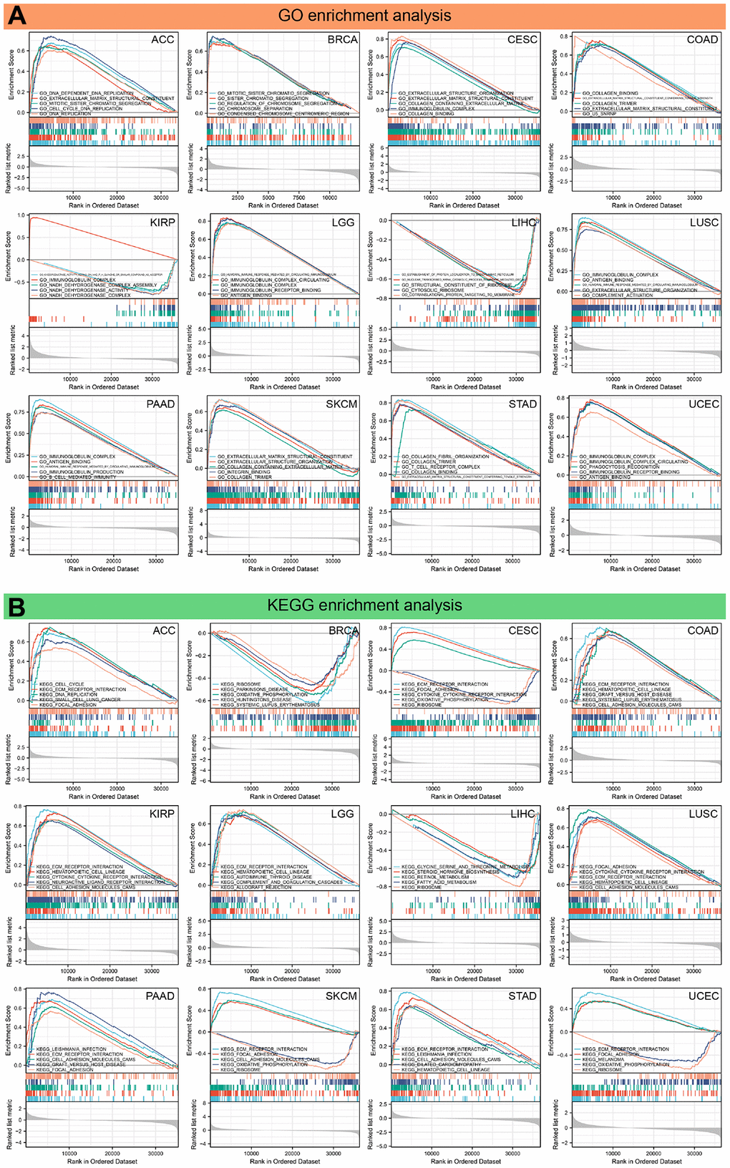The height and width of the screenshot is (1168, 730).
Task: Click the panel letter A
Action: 16,15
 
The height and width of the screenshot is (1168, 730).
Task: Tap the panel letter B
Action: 16,606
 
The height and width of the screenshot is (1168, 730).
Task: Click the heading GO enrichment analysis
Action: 365,15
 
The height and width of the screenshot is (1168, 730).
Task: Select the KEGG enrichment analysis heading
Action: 365,605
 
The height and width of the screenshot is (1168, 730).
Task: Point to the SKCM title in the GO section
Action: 341,404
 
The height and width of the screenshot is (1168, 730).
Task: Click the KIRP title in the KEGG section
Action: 162,814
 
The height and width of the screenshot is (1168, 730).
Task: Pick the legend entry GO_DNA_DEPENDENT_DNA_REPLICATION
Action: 86,93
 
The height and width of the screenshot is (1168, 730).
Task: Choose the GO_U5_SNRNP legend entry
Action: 599,114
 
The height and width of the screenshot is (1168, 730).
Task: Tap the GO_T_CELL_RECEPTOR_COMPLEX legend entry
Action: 440,467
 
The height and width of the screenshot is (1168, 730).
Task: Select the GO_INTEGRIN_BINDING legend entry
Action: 244,472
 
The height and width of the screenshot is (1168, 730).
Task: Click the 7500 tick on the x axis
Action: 299,198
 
